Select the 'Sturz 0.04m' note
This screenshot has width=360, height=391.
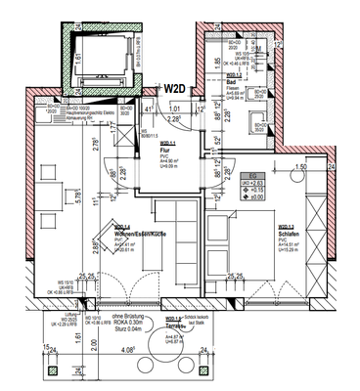(123, 333)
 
